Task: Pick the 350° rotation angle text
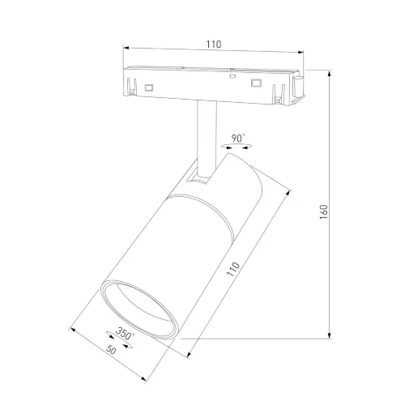pyautogui.click(x=125, y=333)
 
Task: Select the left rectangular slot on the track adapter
pyautogui.click(x=149, y=86)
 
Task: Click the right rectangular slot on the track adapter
pyautogui.click(x=257, y=83)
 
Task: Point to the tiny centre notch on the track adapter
pyautogui.click(x=232, y=79)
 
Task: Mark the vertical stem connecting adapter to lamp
pyautogui.click(x=206, y=134)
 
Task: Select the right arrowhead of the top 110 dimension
pyautogui.click(x=303, y=53)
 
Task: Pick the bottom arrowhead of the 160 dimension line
pyautogui.click(x=330, y=335)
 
